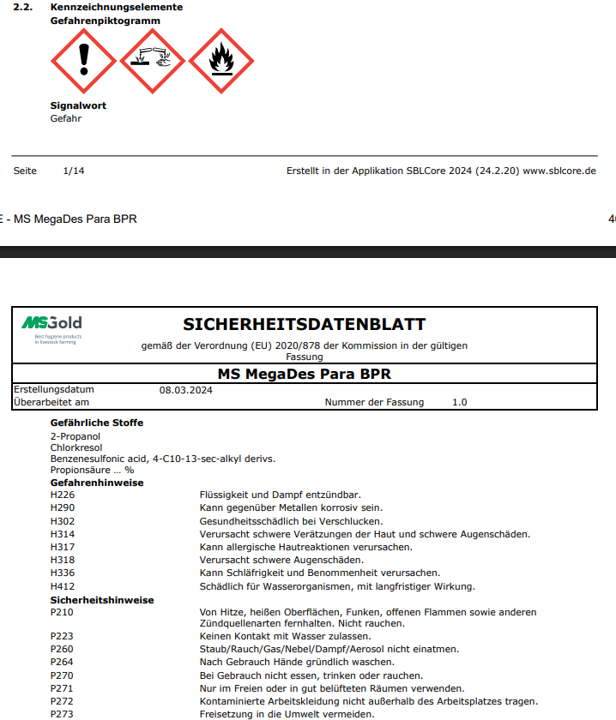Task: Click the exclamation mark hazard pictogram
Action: click(x=83, y=61)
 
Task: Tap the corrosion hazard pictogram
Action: click(x=152, y=61)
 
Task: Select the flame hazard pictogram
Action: click(x=220, y=61)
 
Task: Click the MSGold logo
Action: click(x=52, y=327)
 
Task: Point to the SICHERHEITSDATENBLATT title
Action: click(x=305, y=325)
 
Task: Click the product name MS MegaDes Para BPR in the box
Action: click(x=305, y=375)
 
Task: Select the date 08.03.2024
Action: click(x=186, y=390)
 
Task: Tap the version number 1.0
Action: click(x=459, y=402)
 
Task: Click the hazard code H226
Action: click(x=63, y=495)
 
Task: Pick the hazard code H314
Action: click(x=63, y=534)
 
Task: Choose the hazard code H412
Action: click(x=63, y=586)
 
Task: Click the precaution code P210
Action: click(x=63, y=612)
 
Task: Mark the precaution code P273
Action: click(x=63, y=714)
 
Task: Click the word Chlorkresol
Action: click(x=75, y=447)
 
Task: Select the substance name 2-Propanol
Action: click(x=75, y=436)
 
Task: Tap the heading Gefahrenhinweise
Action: click(x=97, y=483)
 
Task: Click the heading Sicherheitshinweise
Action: click(x=102, y=600)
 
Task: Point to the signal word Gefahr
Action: click(x=66, y=118)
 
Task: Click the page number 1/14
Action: click(x=74, y=171)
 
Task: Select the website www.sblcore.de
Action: click(x=559, y=171)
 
